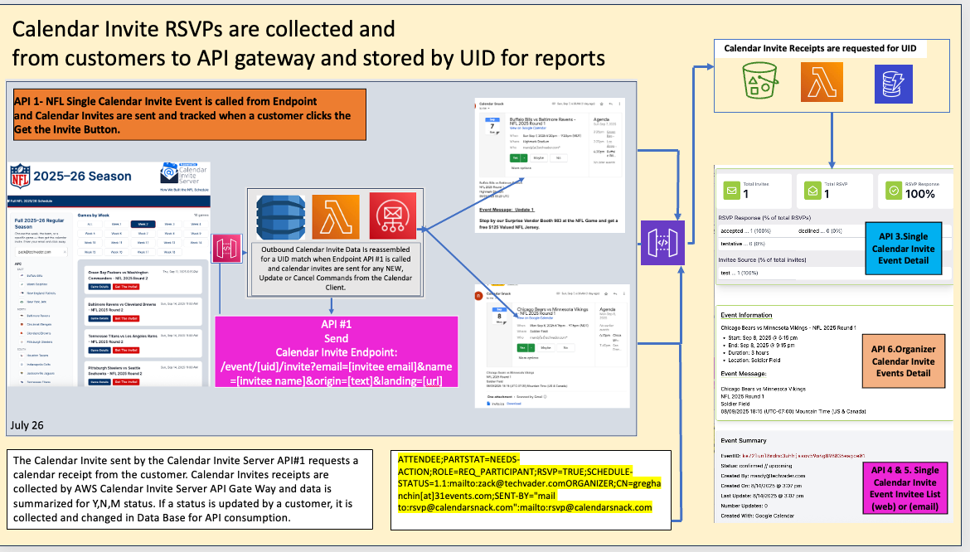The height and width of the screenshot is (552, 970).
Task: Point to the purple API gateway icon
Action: [x=663, y=245]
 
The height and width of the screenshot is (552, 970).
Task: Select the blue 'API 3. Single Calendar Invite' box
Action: [x=904, y=248]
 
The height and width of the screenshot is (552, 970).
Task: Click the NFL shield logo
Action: [x=21, y=176]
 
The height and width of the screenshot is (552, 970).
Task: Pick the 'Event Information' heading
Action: [x=746, y=315]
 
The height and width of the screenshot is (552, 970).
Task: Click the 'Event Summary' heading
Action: [x=744, y=440]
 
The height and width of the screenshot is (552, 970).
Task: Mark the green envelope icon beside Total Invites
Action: [x=731, y=190]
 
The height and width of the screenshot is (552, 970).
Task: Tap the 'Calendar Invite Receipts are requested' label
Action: [x=820, y=49]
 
